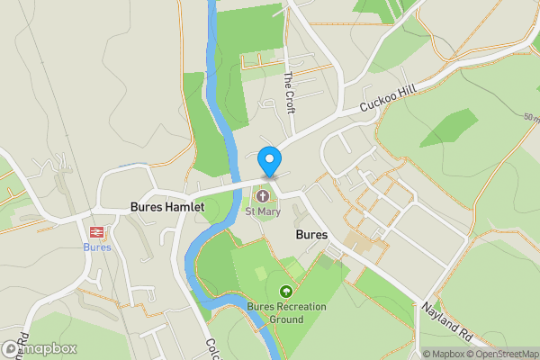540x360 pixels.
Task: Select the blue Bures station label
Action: point(96,247)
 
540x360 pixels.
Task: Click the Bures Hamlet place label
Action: point(167,207)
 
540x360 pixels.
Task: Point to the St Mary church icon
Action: point(264,195)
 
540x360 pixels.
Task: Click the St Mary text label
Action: point(264,212)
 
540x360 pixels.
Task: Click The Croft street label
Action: point(289,85)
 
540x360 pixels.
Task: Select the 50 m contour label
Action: point(529,117)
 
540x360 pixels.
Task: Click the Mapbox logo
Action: point(40,348)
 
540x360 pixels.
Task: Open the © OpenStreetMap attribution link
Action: point(504,354)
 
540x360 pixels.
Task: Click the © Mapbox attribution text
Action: point(445,354)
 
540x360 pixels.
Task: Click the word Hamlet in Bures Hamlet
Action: point(184,207)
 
